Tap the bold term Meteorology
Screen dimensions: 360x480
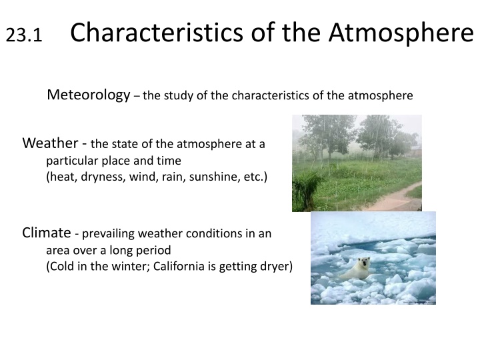pyautogui.click(x=88, y=95)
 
